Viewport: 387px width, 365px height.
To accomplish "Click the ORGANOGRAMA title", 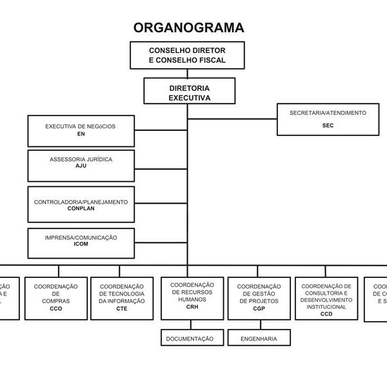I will (x=188, y=27).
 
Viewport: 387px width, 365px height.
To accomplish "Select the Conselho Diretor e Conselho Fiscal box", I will (x=187, y=55).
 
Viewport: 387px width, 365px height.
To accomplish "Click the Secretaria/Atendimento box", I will (x=328, y=119).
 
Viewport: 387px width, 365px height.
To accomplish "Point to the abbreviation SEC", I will (x=328, y=126).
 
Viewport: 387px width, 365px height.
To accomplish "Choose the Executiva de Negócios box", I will (x=81, y=131).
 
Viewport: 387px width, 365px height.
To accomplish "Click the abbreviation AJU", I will (x=81, y=166).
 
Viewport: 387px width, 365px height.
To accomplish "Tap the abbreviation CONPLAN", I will (x=81, y=209).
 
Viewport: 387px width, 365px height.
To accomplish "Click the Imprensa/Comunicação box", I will (x=81, y=242).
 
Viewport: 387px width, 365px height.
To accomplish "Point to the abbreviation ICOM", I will (x=81, y=245).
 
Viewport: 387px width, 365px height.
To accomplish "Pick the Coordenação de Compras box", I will (x=55, y=297).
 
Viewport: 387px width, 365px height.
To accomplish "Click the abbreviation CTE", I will (x=122, y=309).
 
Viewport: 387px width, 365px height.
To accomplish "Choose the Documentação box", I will (x=190, y=338).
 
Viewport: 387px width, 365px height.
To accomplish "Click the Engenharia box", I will (x=259, y=338).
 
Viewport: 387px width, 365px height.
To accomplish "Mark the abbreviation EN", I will (x=81, y=135).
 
